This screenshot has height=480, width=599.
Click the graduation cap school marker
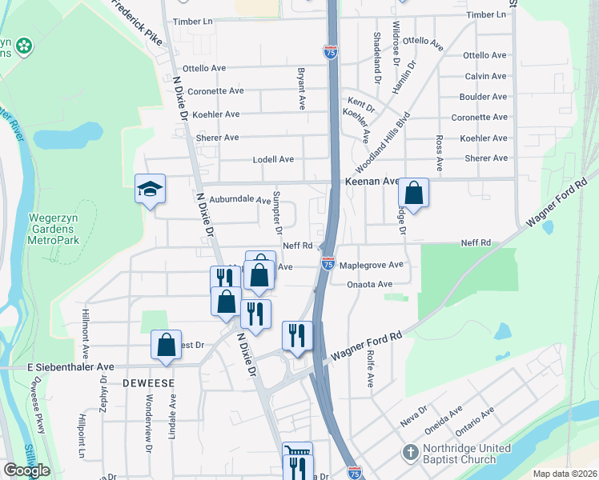[150, 189]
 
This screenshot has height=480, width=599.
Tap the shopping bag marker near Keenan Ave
[413, 193]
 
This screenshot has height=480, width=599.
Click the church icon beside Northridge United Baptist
[411, 453]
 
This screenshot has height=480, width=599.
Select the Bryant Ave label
[303, 89]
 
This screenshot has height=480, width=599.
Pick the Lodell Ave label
[273, 159]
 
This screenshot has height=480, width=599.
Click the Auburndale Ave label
[240, 199]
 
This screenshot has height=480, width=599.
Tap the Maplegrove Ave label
[371, 264]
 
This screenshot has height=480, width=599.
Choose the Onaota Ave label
[370, 284]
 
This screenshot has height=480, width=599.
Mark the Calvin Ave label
[485, 76]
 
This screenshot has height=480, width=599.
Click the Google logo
[26, 470]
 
